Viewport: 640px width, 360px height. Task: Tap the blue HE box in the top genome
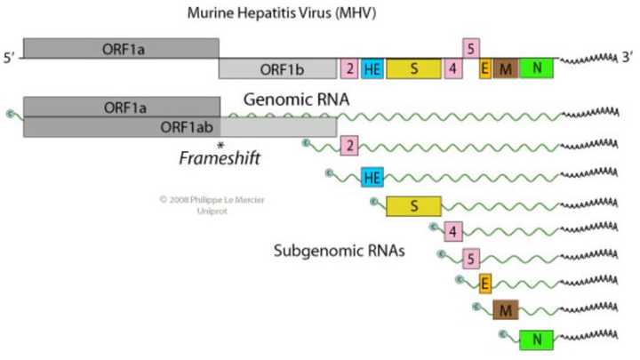point(372,69)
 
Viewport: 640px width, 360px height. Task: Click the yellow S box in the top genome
point(413,69)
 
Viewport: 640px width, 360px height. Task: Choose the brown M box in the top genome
point(505,69)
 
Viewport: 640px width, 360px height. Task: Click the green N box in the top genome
point(536,68)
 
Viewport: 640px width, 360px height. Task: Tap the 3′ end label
point(628,59)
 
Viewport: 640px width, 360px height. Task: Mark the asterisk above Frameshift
point(220,145)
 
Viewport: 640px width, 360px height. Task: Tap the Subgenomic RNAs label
point(340,252)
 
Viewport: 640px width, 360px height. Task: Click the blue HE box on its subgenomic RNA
point(372,178)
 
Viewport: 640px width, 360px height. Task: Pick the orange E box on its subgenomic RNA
point(485,284)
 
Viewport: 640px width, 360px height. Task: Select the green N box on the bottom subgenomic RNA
point(536,340)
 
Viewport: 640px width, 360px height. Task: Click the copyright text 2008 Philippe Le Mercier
point(212,200)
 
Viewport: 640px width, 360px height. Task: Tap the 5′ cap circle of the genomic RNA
point(11,113)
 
